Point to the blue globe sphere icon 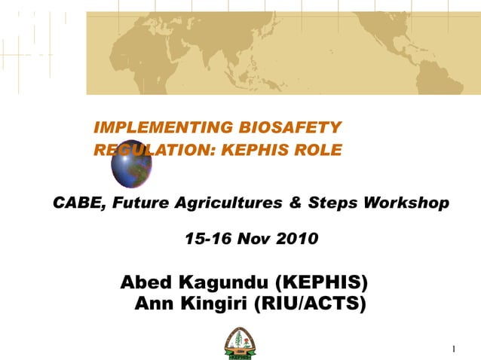pos(131,168)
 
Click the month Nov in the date pos(248,239)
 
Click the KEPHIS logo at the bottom pos(239,343)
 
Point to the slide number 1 pos(455,349)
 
